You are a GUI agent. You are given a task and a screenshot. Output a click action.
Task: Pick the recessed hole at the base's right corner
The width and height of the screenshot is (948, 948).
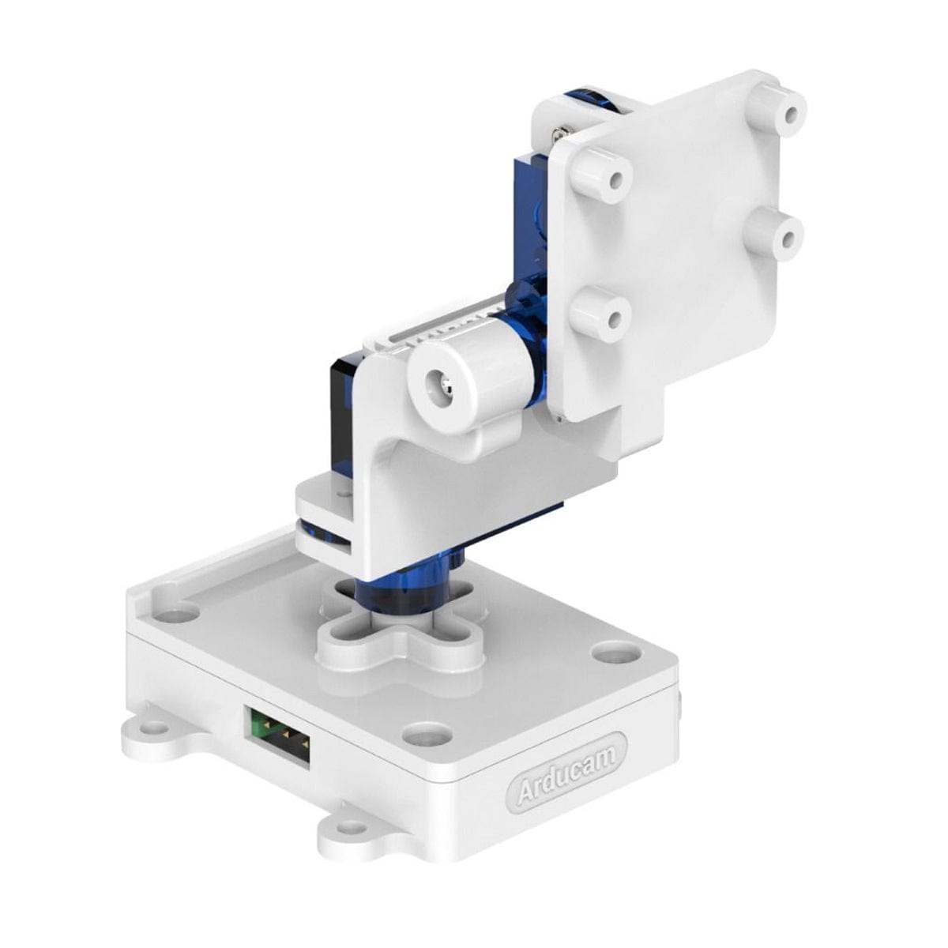coord(612,652)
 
